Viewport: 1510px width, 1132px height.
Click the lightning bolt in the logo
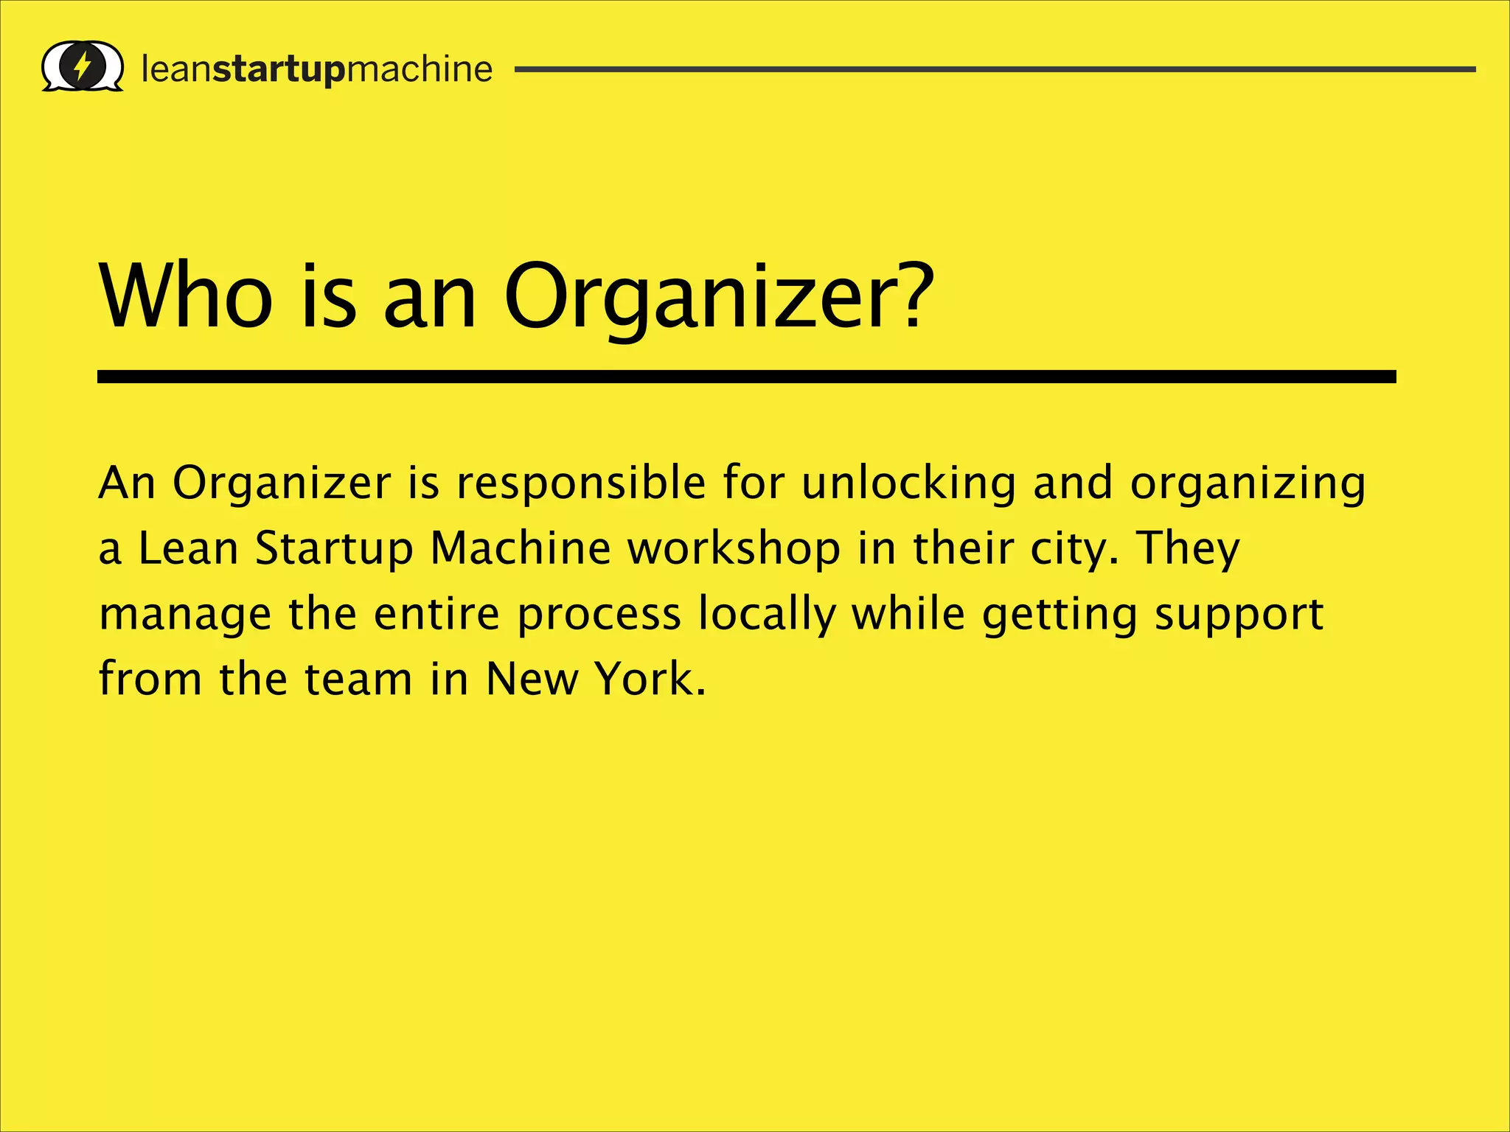83,67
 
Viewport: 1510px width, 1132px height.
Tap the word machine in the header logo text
419,69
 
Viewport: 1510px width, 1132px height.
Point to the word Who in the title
186,297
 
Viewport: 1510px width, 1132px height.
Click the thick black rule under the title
746,377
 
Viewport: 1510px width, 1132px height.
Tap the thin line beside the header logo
995,69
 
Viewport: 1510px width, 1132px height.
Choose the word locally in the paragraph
767,615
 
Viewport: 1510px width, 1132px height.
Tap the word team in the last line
358,679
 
